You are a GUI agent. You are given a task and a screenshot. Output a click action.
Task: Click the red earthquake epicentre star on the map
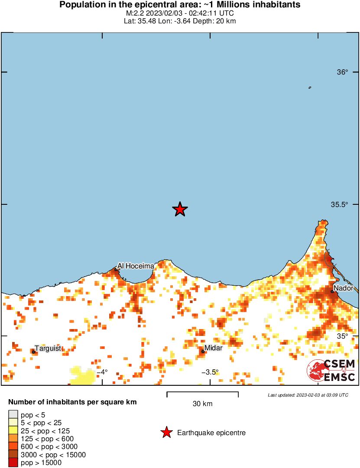[x=180, y=210]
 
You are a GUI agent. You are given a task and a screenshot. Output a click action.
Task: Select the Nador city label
[x=343, y=288]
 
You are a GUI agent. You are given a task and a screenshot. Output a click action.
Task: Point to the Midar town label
[x=213, y=348]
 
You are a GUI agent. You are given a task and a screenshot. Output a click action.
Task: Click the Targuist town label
[x=48, y=348]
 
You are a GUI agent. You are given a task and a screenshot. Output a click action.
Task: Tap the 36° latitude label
[x=343, y=72]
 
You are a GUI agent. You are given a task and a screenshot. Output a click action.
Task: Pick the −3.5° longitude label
[x=210, y=372]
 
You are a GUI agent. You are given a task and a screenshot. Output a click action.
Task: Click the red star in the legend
[x=166, y=432]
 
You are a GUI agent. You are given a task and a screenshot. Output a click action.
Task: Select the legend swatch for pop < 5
[x=13, y=415]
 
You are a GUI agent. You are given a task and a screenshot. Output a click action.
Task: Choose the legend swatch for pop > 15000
[x=13, y=463]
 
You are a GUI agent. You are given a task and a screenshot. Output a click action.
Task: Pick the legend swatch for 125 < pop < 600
[x=13, y=439]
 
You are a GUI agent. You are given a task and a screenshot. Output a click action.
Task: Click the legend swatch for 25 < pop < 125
[x=13, y=431]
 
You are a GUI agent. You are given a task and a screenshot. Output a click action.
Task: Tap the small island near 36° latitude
[x=310, y=87]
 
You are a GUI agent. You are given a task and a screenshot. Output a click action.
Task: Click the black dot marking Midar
[x=203, y=352]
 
